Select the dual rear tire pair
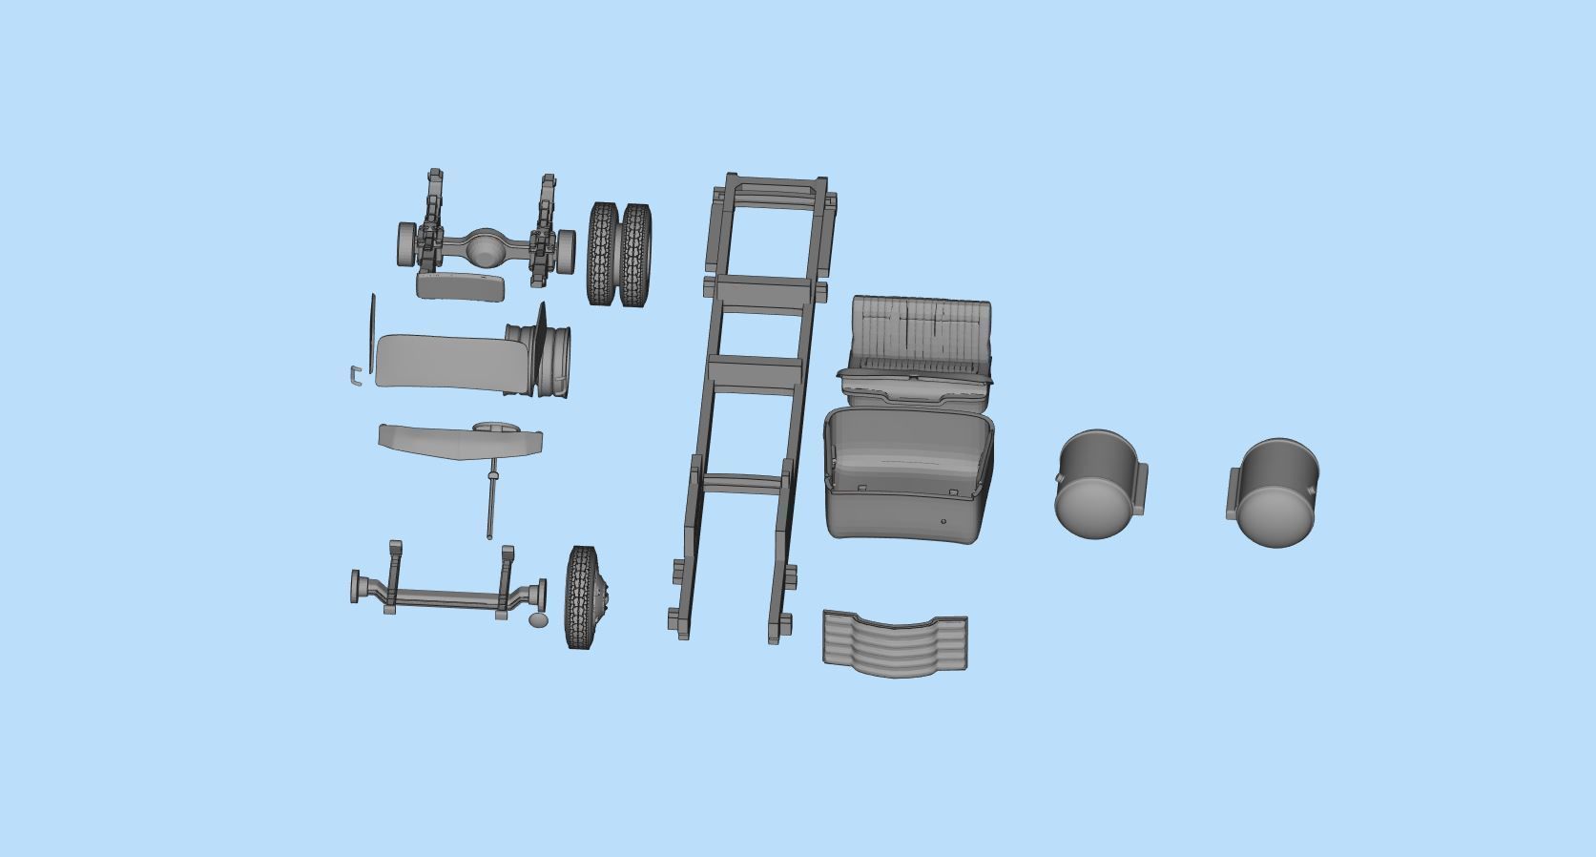pos(620,254)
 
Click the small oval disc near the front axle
pos(539,620)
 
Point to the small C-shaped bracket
pos(354,377)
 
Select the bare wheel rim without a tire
pos(548,358)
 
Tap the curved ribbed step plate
pos(894,643)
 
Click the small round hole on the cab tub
pos(943,522)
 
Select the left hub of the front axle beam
pos(359,587)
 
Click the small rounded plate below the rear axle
pos(460,285)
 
